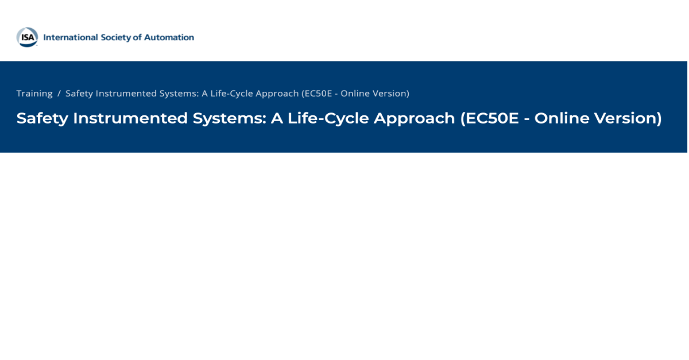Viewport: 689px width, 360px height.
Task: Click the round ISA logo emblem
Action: [28, 37]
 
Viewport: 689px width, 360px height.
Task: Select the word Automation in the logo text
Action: [169, 37]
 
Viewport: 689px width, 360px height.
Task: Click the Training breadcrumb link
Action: [34, 93]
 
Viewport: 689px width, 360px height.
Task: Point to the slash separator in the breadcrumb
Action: [59, 93]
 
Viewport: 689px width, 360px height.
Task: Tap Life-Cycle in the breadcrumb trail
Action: [231, 93]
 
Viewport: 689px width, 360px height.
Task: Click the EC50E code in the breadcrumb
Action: [317, 93]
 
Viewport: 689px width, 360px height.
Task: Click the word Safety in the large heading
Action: [42, 118]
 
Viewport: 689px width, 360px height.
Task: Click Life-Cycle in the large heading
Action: [328, 118]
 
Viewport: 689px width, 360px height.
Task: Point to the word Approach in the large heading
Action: [415, 119]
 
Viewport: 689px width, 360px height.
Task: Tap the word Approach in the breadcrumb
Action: [277, 94]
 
